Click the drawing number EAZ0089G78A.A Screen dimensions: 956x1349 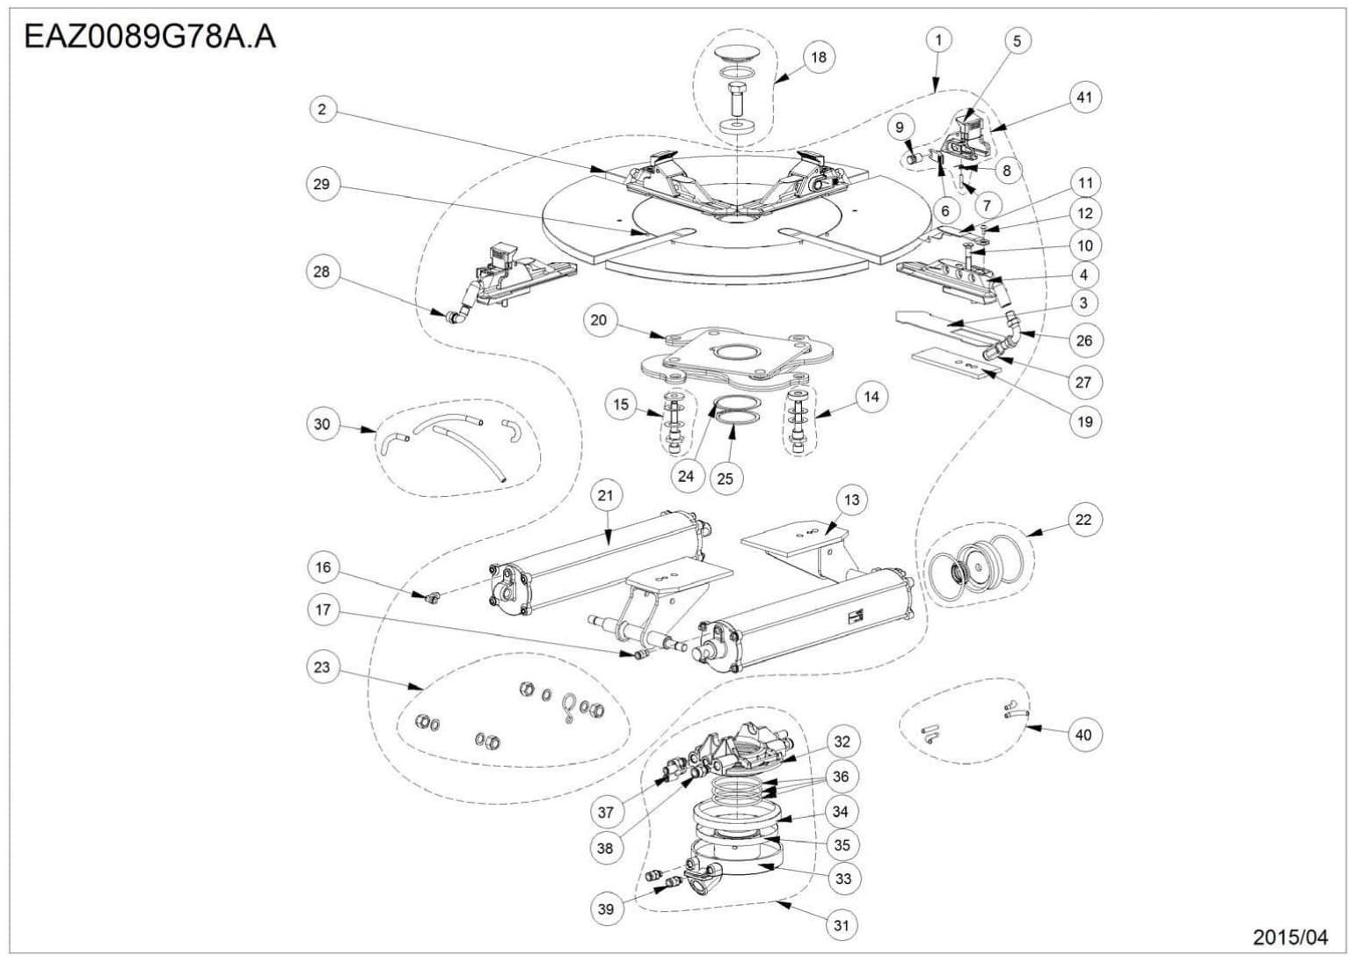[149, 37]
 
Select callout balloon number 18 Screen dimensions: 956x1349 [819, 57]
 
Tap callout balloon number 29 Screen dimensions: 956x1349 [322, 184]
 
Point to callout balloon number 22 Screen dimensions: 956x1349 [1083, 520]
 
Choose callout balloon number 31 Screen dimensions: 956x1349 [842, 924]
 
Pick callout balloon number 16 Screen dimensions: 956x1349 [323, 567]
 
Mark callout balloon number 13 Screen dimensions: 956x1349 [851, 500]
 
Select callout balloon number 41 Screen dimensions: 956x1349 [1084, 97]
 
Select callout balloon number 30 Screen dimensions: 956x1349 [322, 424]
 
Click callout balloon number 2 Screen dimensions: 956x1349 [322, 109]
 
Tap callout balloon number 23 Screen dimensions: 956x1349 [322, 667]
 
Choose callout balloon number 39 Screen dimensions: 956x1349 [606, 909]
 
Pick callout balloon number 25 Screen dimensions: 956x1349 [725, 478]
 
